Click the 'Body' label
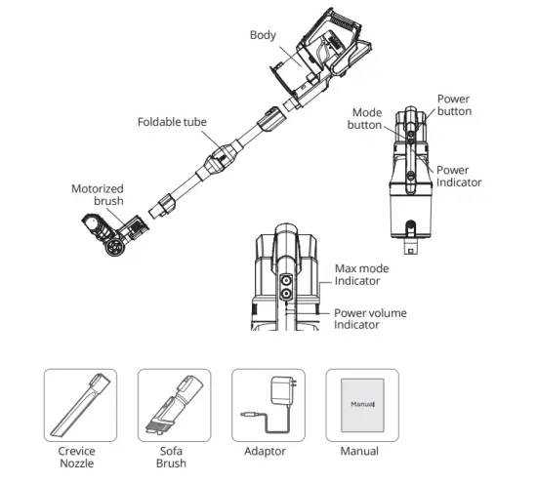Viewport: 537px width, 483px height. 263,36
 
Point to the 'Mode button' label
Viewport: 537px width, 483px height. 366,119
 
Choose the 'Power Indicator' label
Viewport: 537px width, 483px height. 458,177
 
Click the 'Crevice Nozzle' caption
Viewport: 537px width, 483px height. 77,458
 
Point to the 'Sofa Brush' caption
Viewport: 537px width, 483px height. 171,458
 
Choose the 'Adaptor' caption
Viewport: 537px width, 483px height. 265,452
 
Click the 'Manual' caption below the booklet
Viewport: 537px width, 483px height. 358,452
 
